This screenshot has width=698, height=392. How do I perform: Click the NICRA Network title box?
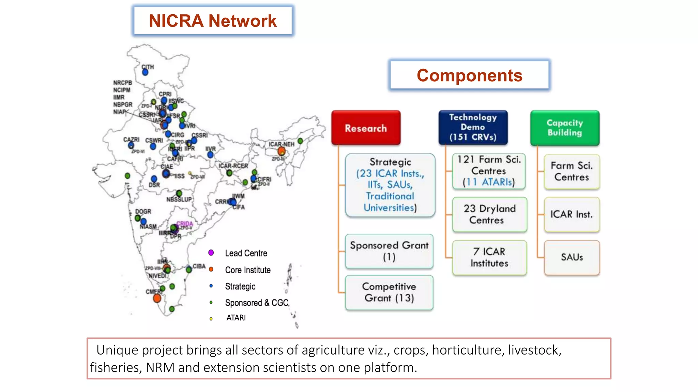pyautogui.click(x=213, y=20)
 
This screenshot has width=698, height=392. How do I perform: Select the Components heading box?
pyautogui.click(x=469, y=75)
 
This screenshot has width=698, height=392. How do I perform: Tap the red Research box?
pyautogui.click(x=366, y=128)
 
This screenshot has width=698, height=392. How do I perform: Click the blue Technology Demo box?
pyautogui.click(x=473, y=127)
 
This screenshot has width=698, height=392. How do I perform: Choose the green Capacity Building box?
pyautogui.click(x=565, y=128)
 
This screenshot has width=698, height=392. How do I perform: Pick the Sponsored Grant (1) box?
pyautogui.click(x=389, y=251)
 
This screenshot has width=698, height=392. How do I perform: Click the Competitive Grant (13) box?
pyautogui.click(x=389, y=292)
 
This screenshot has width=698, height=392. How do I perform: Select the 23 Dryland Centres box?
pyautogui.click(x=489, y=214)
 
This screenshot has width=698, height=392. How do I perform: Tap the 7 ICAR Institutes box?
pyautogui.click(x=489, y=257)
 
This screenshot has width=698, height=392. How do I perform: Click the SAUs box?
pyautogui.click(x=572, y=257)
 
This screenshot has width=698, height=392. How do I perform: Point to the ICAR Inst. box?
pyautogui.click(x=572, y=214)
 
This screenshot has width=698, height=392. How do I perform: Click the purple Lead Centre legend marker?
pyautogui.click(x=211, y=252)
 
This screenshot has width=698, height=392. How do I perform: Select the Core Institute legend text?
pyautogui.click(x=248, y=270)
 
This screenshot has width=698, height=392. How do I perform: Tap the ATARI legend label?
pyautogui.click(x=236, y=318)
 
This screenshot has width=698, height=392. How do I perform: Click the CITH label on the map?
pyautogui.click(x=148, y=67)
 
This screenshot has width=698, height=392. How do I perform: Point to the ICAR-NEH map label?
pyautogui.click(x=281, y=144)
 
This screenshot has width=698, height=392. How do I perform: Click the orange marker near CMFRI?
pyautogui.click(x=157, y=298)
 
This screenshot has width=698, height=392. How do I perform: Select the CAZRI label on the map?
pyautogui.click(x=131, y=140)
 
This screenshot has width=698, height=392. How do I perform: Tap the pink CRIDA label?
pyautogui.click(x=184, y=224)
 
